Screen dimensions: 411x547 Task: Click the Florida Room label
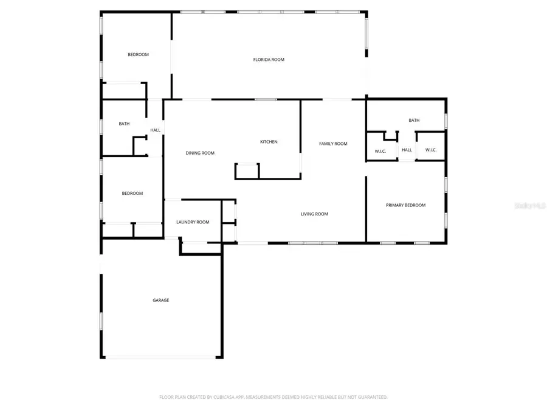(269, 60)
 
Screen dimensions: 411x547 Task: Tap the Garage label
(160, 300)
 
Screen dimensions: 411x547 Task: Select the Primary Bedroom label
(405, 205)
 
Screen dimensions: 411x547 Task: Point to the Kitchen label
(269, 142)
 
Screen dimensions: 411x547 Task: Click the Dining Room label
(200, 153)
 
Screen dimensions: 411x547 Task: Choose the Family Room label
(333, 144)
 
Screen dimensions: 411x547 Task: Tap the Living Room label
(314, 214)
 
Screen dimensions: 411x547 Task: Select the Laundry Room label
(193, 222)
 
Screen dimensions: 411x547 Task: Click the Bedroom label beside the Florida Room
(138, 55)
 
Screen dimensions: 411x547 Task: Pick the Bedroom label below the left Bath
(132, 194)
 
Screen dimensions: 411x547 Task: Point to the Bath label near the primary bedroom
(414, 121)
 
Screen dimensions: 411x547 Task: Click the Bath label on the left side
(124, 124)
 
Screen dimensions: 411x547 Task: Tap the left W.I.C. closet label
(380, 150)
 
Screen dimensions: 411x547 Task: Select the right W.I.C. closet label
(431, 150)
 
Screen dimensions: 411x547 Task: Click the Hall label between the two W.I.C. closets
(407, 150)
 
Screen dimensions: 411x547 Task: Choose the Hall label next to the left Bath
(156, 130)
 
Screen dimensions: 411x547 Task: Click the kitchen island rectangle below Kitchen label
(247, 171)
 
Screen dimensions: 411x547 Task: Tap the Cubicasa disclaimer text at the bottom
(273, 397)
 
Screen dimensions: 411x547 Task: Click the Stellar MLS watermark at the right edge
(530, 206)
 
